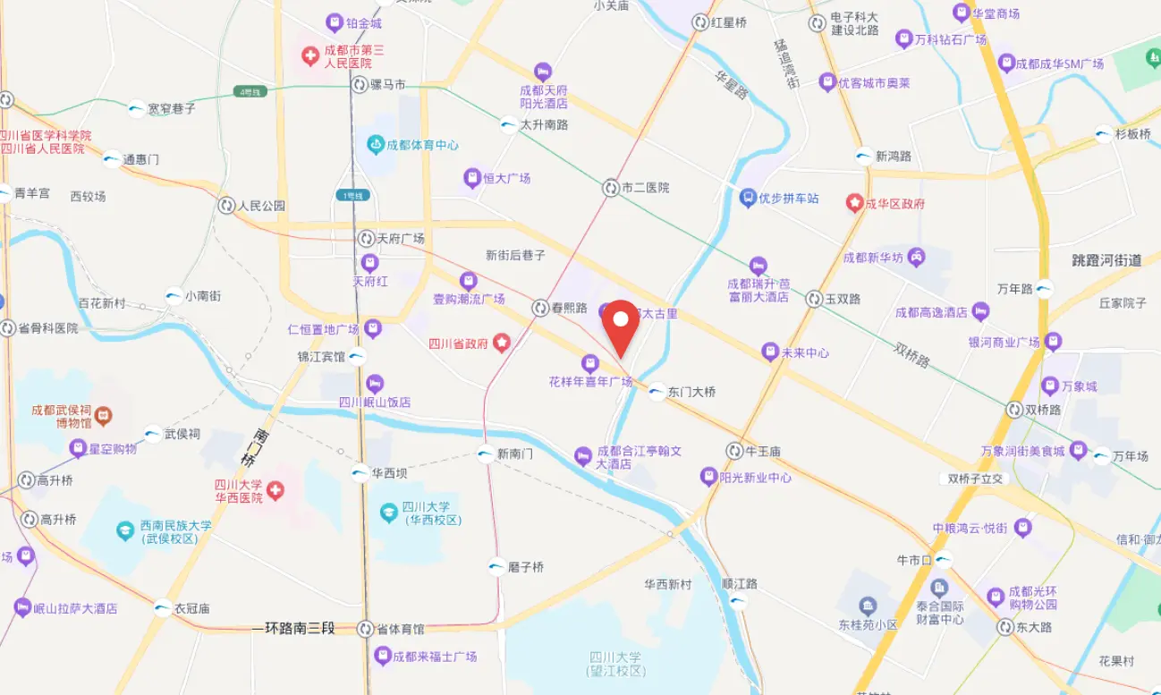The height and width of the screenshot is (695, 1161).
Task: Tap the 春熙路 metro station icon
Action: [x=541, y=308]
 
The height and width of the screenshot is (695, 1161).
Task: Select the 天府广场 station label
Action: [x=400, y=239]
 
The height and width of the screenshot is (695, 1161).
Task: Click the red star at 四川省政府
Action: [x=502, y=342]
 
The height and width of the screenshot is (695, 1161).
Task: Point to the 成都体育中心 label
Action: [x=423, y=145]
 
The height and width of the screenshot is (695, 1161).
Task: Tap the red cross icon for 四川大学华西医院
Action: [x=275, y=490]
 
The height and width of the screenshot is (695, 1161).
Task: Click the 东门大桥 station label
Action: [x=691, y=392]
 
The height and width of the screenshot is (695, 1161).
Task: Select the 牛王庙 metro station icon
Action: [x=734, y=451]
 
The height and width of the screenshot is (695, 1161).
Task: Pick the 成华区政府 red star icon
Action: [x=855, y=203]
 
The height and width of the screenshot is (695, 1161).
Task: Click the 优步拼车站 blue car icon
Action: [x=749, y=198]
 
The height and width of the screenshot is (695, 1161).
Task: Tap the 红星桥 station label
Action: [x=729, y=22]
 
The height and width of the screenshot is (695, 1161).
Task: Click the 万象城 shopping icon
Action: [x=1051, y=386]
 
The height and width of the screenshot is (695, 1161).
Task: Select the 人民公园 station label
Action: [x=261, y=206]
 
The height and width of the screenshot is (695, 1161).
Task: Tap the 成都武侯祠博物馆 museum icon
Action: [x=104, y=416]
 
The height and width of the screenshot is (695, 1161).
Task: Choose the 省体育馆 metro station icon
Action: [x=365, y=629]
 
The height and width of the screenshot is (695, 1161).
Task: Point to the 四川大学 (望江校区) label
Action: [x=616, y=664]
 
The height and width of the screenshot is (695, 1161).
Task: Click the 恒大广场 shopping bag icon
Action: [x=472, y=178]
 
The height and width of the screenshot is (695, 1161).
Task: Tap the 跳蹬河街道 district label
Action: [x=1106, y=260]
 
